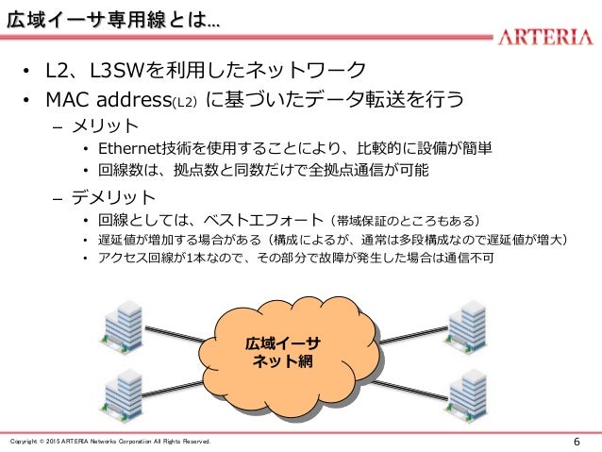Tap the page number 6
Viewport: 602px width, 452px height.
pos(577,442)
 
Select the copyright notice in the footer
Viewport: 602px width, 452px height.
pos(110,442)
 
